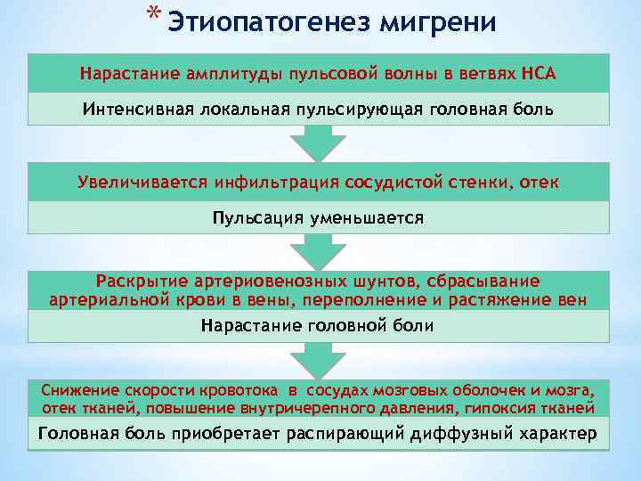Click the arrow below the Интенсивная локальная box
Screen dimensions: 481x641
coord(319,143)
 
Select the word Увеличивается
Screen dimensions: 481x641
coord(142,183)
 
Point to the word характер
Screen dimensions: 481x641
coord(557,435)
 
